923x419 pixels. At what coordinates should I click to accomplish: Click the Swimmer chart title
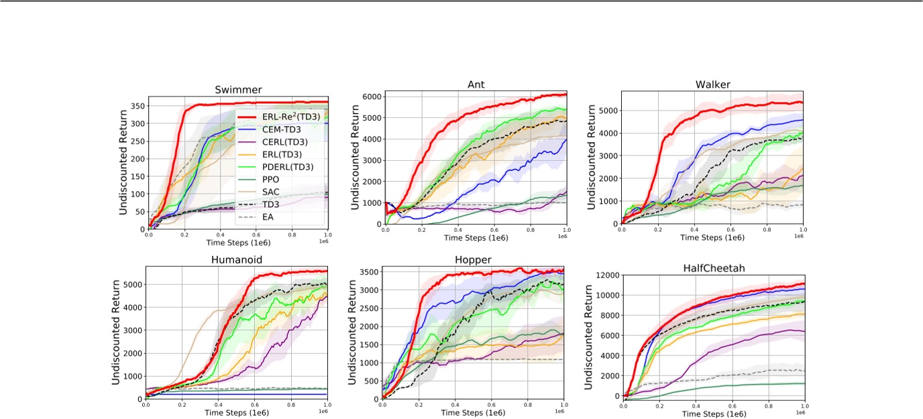[238, 90]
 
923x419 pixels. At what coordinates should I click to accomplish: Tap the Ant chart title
[476, 84]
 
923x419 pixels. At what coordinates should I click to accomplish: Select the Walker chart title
[713, 84]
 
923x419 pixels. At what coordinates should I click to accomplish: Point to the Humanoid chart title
[237, 259]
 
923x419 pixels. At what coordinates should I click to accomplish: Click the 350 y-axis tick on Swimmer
[135, 106]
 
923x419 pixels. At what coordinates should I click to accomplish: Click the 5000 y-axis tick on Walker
[607, 111]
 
